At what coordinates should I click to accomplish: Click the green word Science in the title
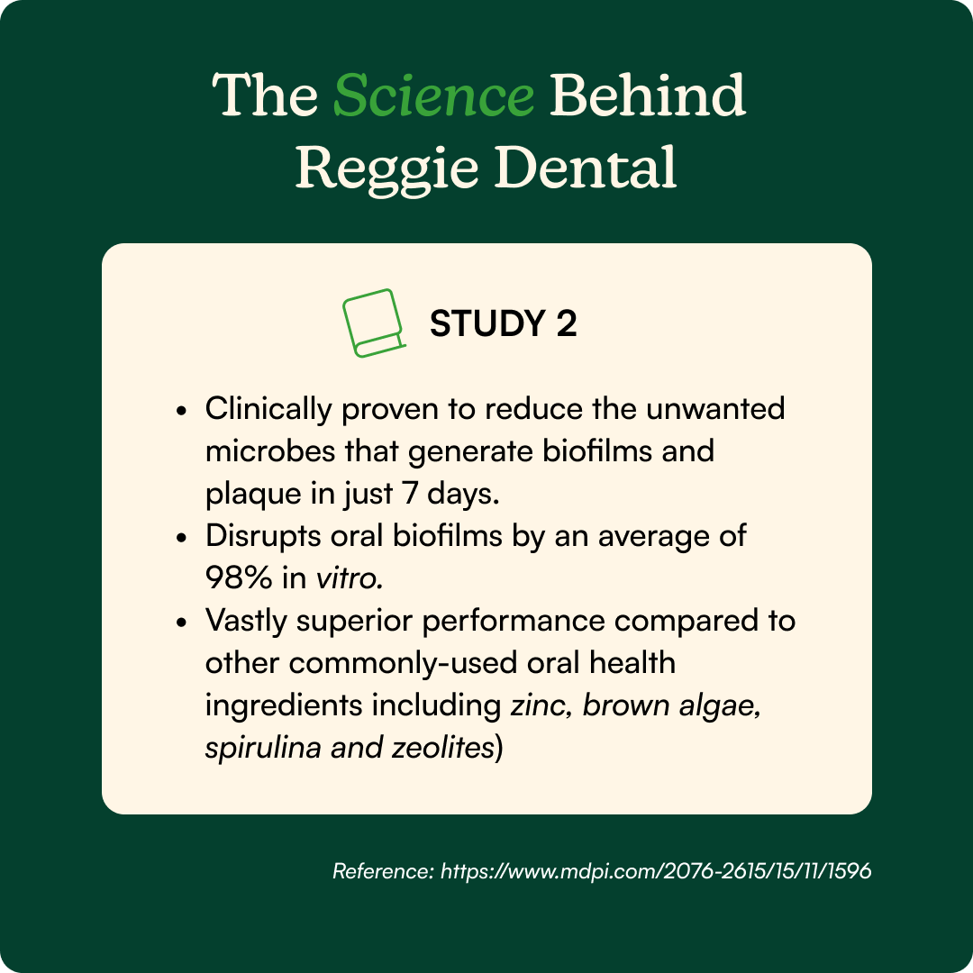[433, 95]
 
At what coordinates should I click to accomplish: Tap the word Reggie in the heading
[386, 168]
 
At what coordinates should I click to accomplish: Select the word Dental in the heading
[585, 167]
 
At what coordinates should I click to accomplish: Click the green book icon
[374, 323]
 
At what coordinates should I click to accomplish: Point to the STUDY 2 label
[504, 323]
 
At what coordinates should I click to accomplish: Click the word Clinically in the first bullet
[268, 410]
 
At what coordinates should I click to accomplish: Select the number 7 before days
[410, 494]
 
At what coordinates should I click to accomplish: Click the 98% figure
[238, 577]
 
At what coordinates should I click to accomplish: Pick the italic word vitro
[350, 577]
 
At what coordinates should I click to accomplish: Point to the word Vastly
[246, 621]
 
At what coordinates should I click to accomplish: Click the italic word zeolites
[442, 747]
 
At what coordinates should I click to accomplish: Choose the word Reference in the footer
[383, 871]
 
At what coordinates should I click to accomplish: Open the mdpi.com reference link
[656, 871]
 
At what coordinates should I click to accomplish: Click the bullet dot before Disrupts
[181, 537]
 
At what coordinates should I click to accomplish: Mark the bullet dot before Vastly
[181, 622]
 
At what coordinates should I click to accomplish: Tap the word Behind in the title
[647, 95]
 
